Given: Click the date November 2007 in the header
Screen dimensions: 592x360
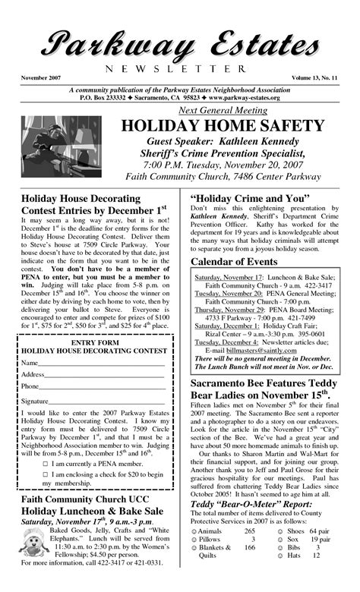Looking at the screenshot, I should pos(39,79).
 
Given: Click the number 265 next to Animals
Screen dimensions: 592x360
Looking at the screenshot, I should pos(250,552).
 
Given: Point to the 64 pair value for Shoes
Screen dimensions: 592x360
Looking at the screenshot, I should pos(320,552).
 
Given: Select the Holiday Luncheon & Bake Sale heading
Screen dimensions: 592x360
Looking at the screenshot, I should pos(93,512).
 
